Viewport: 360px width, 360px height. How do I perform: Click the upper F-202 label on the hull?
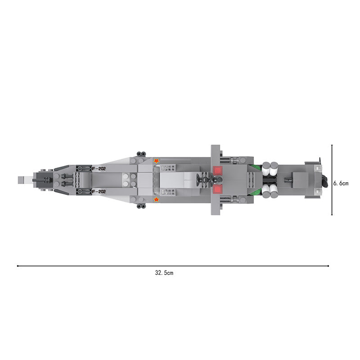click(99, 169)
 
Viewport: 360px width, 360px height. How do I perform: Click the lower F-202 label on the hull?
click(99, 192)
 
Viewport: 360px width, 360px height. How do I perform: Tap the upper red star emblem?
click(156, 161)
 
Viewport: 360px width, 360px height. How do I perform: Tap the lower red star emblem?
click(156, 199)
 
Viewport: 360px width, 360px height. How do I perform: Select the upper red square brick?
click(218, 171)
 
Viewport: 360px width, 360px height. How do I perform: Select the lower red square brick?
click(218, 189)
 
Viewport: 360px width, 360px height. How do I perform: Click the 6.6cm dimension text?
click(341, 183)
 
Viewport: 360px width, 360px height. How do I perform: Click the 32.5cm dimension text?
click(164, 273)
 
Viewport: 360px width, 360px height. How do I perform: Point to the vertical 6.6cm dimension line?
click(332, 180)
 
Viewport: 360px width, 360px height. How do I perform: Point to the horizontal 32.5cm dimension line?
click(173, 266)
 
